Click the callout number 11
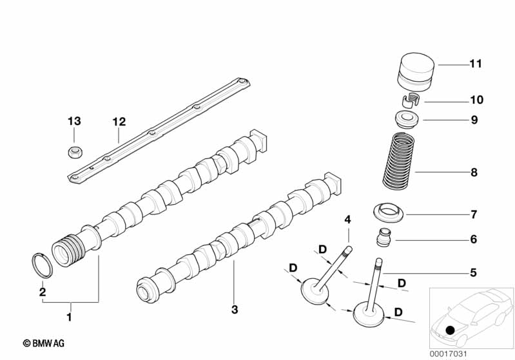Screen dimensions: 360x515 (x=476, y=64)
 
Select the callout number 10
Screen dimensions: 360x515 (x=476, y=100)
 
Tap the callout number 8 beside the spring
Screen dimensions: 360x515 (x=474, y=173)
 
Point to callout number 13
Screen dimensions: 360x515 (x=75, y=121)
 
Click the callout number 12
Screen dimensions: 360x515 (x=119, y=121)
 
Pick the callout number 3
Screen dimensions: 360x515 (x=235, y=310)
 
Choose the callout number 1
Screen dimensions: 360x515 (x=70, y=317)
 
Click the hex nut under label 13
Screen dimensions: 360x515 (x=74, y=153)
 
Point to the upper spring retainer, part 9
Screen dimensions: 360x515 (x=405, y=119)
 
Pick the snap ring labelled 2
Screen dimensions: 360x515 (x=42, y=266)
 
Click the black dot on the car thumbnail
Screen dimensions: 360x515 (x=450, y=330)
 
